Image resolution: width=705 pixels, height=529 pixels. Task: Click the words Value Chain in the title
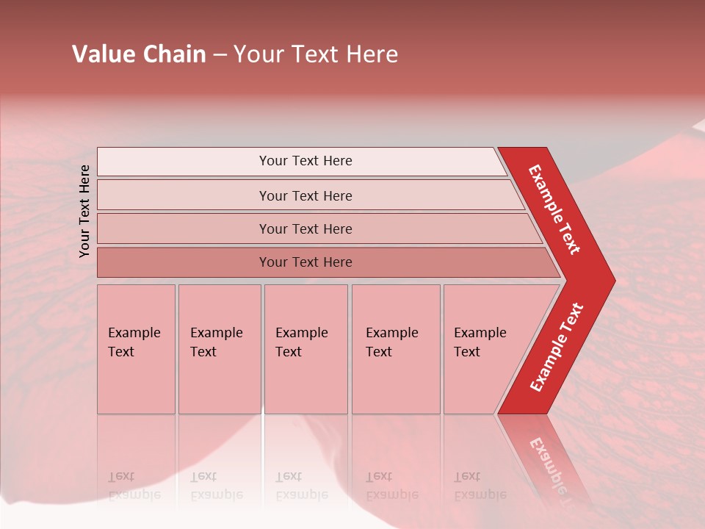coord(139,54)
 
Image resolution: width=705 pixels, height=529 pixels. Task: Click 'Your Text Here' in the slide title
coord(316,54)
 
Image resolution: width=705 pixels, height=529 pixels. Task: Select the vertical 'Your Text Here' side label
coord(84,211)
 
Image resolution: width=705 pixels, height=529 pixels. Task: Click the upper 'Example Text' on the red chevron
coord(554,209)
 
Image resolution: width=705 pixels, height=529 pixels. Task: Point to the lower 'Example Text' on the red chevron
coord(557,347)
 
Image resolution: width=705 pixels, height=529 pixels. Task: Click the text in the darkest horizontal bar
coord(305,262)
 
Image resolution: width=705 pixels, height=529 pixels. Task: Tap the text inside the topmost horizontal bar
coord(305,161)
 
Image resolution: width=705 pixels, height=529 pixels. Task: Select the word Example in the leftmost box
coord(134,333)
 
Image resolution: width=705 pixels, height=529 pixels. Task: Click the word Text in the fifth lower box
coord(466,352)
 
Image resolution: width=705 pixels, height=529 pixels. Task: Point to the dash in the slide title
coord(220,55)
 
